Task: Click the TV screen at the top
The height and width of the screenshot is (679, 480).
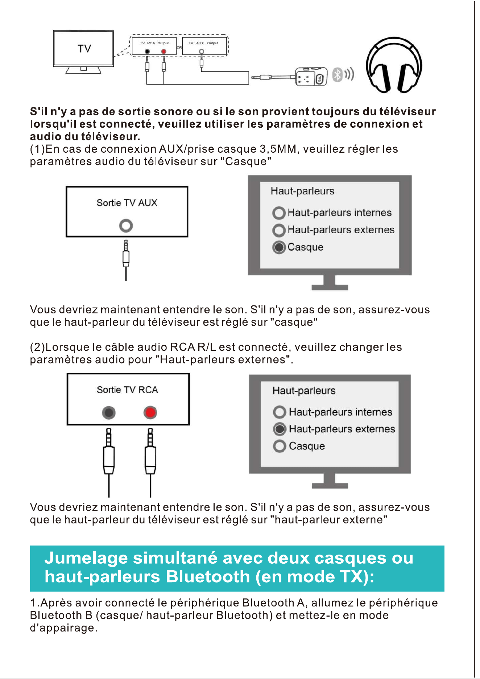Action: pyautogui.click(x=83, y=48)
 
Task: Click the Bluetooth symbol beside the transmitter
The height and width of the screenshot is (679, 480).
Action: pyautogui.click(x=338, y=75)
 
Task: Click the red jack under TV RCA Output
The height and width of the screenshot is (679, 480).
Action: pyautogui.click(x=164, y=52)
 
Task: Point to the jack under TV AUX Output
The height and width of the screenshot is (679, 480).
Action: pyautogui.click(x=202, y=52)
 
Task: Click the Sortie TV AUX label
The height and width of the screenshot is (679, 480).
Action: pyautogui.click(x=127, y=203)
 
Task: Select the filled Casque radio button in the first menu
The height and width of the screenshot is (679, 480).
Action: pyautogui.click(x=279, y=247)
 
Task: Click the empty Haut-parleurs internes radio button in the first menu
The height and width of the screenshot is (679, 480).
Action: pyautogui.click(x=279, y=213)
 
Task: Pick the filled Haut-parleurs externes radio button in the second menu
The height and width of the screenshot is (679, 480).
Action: pyautogui.click(x=280, y=429)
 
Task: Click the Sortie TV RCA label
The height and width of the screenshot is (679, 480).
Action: pyautogui.click(x=127, y=390)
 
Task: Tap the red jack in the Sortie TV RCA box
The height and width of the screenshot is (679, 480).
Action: pyautogui.click(x=150, y=412)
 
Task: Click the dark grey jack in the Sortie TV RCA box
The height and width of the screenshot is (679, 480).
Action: pyautogui.click(x=109, y=412)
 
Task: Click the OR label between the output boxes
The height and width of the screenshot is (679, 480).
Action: pyautogui.click(x=179, y=48)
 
